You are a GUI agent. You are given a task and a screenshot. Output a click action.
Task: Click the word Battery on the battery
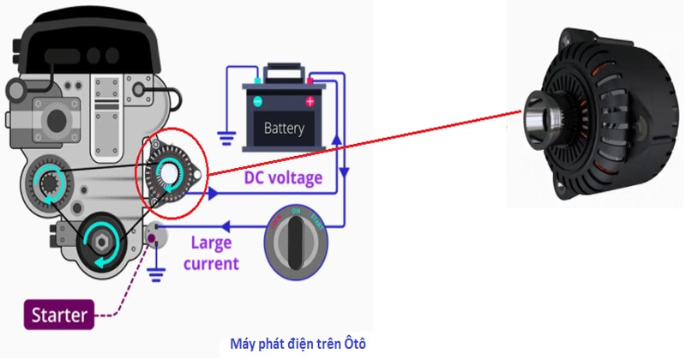point(285,129)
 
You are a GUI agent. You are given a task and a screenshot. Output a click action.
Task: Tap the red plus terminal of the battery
point(310,101)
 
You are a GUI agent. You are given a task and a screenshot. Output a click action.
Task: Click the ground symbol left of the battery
point(226,135)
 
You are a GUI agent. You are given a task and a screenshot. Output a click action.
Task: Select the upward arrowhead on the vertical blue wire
point(335,141)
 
